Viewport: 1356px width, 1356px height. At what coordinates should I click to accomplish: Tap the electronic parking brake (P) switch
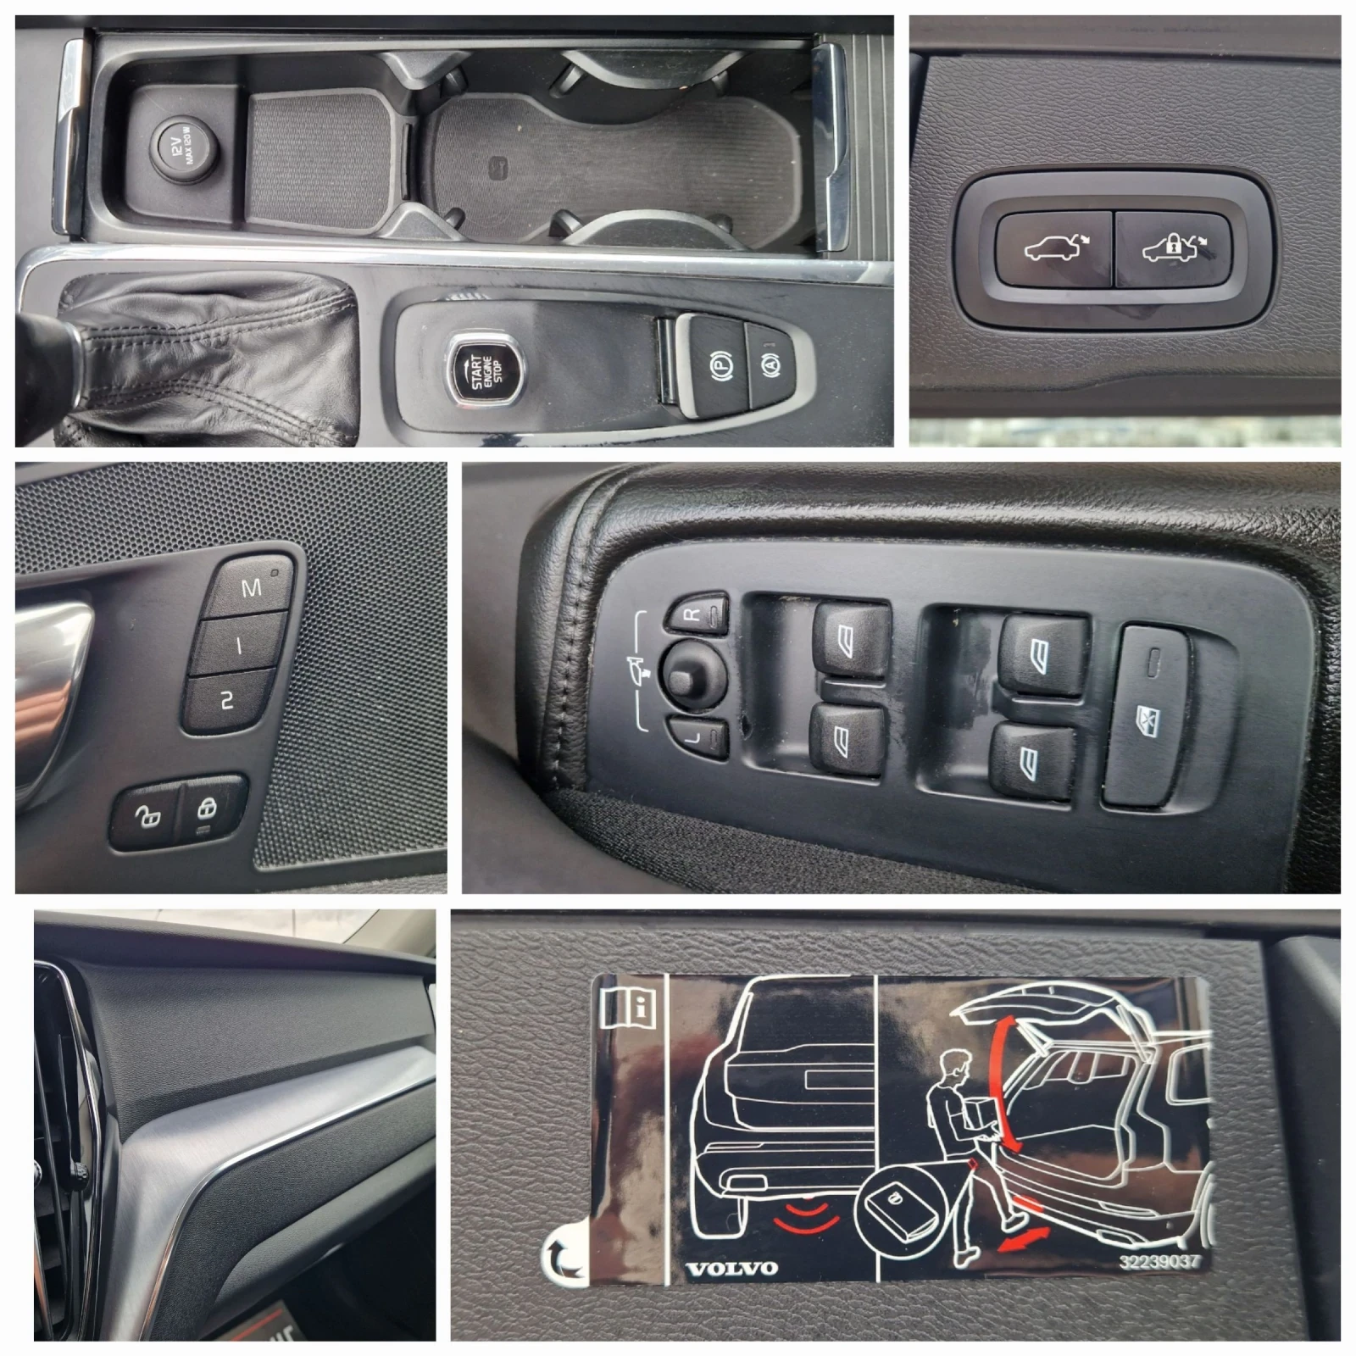click(x=716, y=366)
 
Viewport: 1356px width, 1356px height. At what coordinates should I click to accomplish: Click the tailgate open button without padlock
click(x=1054, y=248)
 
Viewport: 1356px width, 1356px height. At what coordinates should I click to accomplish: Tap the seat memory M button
click(x=251, y=586)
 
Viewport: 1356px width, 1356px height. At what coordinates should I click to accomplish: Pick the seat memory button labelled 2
click(x=226, y=700)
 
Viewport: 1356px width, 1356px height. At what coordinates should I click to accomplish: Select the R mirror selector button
click(x=697, y=613)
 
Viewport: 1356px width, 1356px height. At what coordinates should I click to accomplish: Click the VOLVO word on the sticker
click(x=731, y=1269)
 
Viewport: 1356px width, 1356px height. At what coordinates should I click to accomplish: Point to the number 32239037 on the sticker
click(x=1159, y=1261)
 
